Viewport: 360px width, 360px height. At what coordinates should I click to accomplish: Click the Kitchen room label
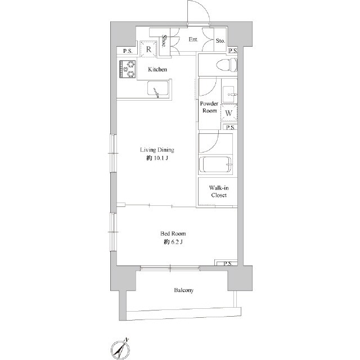(x=157, y=69)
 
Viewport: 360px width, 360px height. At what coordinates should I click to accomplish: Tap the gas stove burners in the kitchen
(x=127, y=69)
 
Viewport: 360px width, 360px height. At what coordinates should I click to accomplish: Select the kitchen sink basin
(x=157, y=89)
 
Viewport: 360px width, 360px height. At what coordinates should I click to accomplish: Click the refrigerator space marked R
(x=148, y=49)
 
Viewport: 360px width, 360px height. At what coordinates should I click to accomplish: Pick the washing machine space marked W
(x=229, y=112)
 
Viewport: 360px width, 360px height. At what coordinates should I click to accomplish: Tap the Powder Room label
(x=209, y=107)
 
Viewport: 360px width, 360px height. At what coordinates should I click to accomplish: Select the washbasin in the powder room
(x=229, y=92)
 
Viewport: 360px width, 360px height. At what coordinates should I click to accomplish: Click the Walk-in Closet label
(x=219, y=191)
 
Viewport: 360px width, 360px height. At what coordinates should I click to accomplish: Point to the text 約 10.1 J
(x=157, y=158)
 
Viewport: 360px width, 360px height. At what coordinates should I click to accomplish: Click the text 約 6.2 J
(x=173, y=242)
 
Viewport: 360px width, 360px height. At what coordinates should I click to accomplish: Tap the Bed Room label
(x=173, y=234)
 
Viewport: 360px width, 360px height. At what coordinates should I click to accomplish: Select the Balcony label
(x=184, y=290)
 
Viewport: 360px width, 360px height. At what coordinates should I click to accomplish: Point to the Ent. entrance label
(x=193, y=39)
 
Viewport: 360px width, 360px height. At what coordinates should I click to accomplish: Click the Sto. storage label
(x=220, y=41)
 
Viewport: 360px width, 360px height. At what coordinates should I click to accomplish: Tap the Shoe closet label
(x=164, y=41)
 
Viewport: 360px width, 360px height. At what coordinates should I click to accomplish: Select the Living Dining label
(x=157, y=150)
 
